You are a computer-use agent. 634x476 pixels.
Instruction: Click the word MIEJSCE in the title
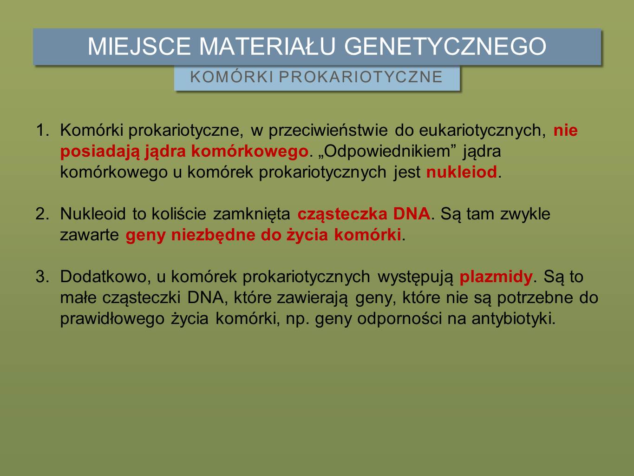click(x=139, y=46)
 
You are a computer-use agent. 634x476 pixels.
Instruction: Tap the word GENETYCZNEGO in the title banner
click(x=445, y=46)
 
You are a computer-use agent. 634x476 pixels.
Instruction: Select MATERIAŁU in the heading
click(x=268, y=46)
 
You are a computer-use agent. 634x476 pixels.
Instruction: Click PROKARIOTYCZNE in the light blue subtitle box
click(x=361, y=77)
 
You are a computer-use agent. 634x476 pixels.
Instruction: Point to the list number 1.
click(x=42, y=130)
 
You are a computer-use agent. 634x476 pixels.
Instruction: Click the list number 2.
click(x=42, y=214)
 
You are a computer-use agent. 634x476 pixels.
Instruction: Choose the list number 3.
click(x=42, y=277)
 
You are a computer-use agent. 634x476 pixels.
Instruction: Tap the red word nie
click(x=566, y=130)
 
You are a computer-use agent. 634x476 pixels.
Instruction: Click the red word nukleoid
click(x=462, y=172)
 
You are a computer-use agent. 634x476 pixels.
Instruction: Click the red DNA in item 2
click(x=412, y=214)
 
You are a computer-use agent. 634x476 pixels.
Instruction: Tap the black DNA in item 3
click(x=206, y=297)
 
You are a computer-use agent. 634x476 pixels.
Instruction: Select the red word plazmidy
click(x=496, y=278)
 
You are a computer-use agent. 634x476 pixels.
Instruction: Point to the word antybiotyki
click(x=512, y=319)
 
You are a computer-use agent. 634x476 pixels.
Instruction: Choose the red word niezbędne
click(x=213, y=235)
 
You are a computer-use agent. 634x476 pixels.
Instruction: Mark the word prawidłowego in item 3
click(x=112, y=319)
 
